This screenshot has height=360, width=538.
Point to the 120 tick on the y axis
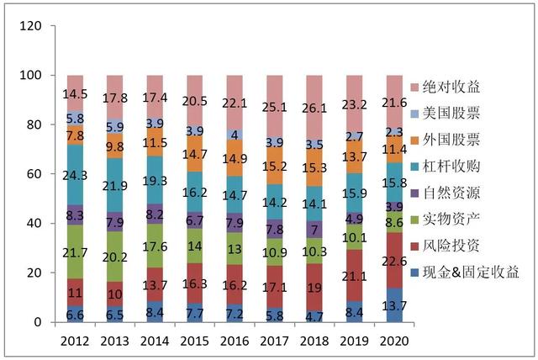pos(30,26)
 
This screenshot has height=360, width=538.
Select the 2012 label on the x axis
pos(76,341)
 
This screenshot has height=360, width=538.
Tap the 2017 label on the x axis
pos(275,341)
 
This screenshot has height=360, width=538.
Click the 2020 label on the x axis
pos(394,341)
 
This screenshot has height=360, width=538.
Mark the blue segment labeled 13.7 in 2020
pos(394,305)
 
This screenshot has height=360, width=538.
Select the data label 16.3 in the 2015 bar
pos(195,283)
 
